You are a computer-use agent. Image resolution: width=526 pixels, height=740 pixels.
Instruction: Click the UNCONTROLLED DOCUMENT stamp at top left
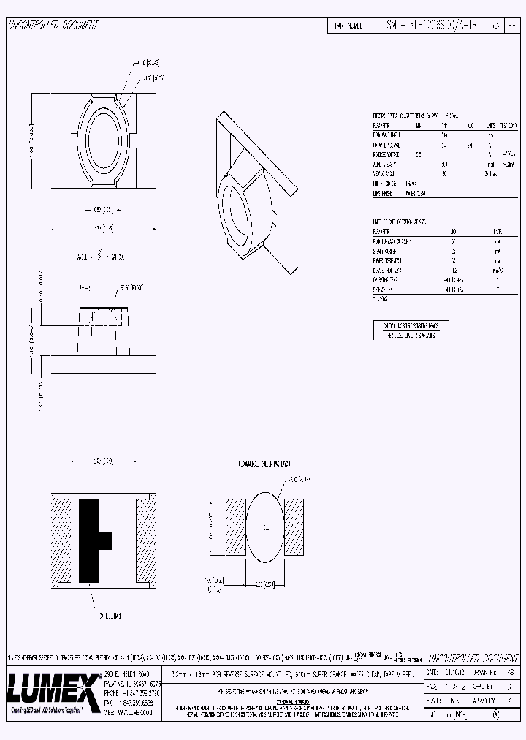coord(53,26)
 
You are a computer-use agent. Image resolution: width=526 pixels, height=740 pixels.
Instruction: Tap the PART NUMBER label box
coord(350,26)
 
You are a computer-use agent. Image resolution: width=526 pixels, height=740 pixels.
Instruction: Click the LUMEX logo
coord(53,688)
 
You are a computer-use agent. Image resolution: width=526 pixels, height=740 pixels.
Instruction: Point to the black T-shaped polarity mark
coord(93,540)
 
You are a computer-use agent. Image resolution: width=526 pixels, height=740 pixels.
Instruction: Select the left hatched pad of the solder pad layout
coord(235,527)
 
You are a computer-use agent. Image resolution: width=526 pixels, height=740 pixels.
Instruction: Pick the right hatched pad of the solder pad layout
coord(294,527)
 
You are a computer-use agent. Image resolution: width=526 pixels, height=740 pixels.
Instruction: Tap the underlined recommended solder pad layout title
coord(264,464)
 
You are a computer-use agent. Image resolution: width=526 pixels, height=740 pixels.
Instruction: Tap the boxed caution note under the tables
coord(410,330)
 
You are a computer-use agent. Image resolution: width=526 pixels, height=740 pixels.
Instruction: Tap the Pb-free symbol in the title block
coord(497,716)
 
